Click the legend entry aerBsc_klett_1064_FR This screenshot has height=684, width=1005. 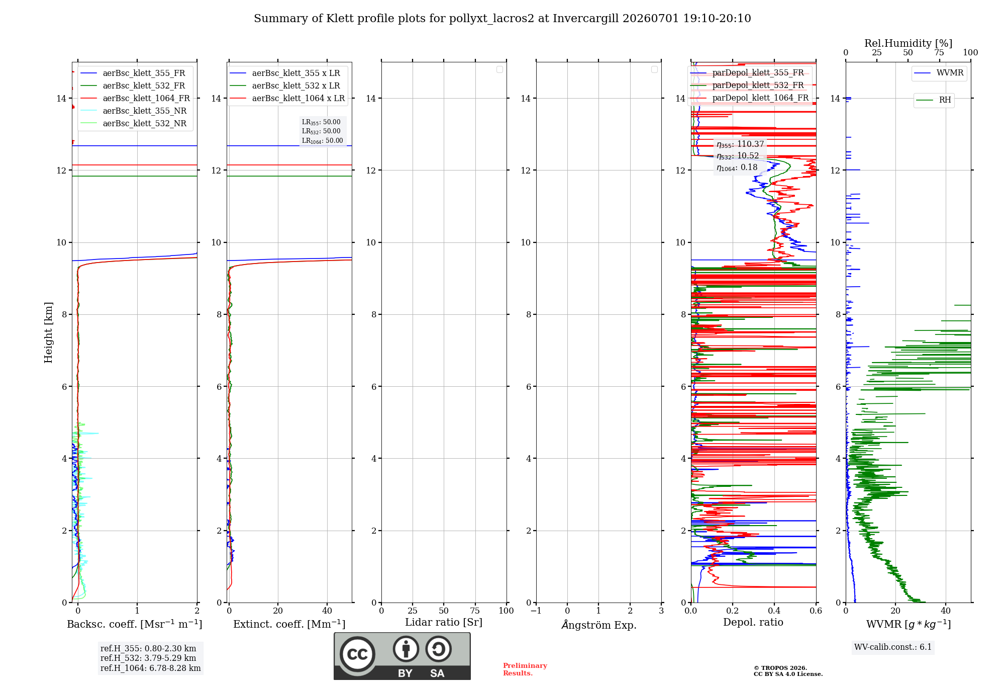pos(135,99)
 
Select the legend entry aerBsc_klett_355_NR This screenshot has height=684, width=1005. pos(133,111)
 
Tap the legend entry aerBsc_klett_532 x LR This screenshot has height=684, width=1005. pos(285,86)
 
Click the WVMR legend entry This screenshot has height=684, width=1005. pos(939,73)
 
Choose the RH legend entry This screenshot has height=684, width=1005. pos(934,100)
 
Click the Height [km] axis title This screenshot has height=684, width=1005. pos(48,332)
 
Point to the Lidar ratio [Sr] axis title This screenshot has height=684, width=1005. pos(444,623)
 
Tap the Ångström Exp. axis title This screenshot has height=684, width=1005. pos(599,625)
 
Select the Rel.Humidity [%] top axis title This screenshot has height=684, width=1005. pos(909,43)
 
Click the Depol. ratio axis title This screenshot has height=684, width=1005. pos(753,623)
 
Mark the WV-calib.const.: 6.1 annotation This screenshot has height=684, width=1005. pos(893,647)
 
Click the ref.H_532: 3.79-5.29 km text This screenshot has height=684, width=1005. pos(148,658)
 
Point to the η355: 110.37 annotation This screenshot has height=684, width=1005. pos(740,144)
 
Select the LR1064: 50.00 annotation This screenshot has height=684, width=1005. pos(323,141)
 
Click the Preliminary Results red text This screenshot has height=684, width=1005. pos(525,669)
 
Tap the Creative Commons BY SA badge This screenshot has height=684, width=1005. pos(402,656)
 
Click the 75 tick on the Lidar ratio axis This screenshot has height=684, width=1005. pos(475,611)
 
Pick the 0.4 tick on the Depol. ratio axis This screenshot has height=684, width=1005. pos(774,611)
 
